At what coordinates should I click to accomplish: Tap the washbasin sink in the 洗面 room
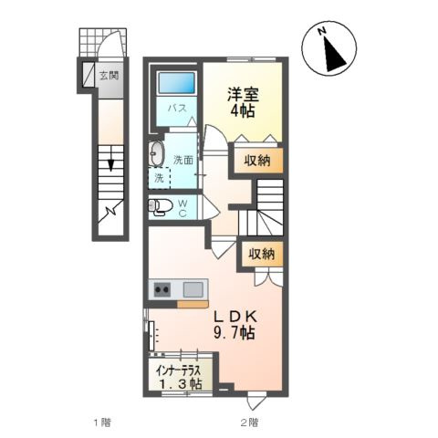click(x=156, y=151)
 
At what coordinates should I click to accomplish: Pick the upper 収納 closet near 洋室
click(x=256, y=161)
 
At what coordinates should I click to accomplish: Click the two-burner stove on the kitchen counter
click(x=162, y=290)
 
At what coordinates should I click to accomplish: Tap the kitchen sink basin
click(x=193, y=290)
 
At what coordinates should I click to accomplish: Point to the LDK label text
click(x=234, y=316)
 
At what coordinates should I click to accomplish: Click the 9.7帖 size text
click(x=235, y=333)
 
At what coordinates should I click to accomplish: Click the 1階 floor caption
click(x=102, y=422)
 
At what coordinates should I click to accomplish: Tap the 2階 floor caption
click(x=249, y=422)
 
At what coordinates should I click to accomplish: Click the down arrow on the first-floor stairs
click(x=112, y=164)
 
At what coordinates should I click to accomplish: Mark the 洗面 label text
click(x=183, y=160)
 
